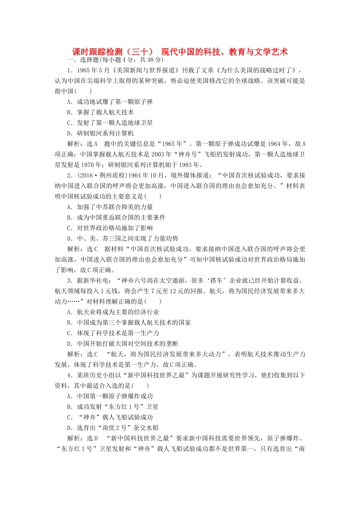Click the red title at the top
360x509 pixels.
pos(180,52)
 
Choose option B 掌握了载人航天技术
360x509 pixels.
pos(100,112)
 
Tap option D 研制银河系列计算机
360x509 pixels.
pos(100,133)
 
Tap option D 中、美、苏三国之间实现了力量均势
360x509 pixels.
pos(122,239)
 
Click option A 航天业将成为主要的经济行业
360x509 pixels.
pos(113,312)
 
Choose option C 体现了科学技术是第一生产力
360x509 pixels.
pos(113,333)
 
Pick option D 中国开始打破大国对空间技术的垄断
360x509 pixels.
pos(122,344)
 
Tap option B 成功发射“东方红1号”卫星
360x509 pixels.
pos(113,407)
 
